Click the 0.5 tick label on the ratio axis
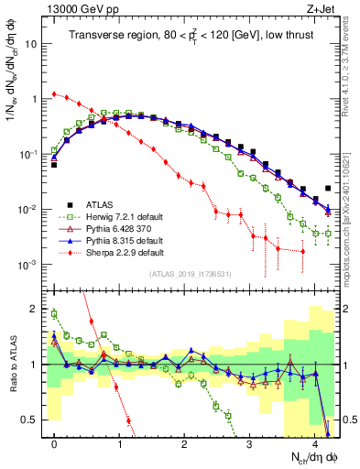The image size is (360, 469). (29, 420)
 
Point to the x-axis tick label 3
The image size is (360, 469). (250, 442)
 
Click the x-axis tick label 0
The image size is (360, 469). (54, 442)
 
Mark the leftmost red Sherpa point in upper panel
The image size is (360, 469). (54, 93)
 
